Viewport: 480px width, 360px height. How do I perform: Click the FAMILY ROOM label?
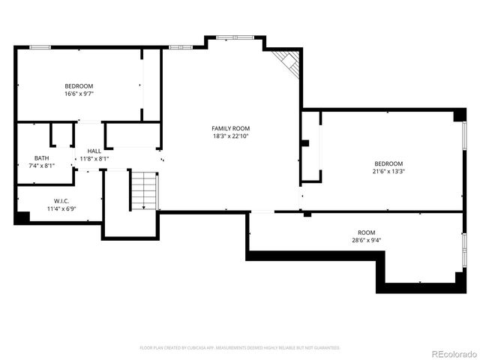coord(230,128)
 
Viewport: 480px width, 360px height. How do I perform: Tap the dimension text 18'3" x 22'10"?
coord(230,136)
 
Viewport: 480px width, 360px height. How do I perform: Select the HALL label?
coord(94,151)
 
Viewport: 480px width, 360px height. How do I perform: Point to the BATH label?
coord(41,157)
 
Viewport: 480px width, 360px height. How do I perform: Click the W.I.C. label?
coord(61,201)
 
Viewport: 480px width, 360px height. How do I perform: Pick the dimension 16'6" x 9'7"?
coord(79,94)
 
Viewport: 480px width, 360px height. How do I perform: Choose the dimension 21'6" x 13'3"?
coord(389,171)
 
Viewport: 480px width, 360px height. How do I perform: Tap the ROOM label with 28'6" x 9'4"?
coord(367,232)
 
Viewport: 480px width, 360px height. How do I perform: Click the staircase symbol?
coord(145,191)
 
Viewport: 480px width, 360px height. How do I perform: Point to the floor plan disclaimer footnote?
coord(240,348)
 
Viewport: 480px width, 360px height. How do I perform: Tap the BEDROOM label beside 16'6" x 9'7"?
coord(79,85)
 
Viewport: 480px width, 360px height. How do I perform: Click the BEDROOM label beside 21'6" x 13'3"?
coord(389,163)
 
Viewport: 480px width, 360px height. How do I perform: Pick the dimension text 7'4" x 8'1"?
coord(41,166)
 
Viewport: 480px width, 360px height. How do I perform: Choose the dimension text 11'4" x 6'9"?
coord(61,209)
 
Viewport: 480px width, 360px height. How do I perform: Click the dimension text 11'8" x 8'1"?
coord(94,159)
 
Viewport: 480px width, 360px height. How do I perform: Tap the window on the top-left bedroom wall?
coord(40,47)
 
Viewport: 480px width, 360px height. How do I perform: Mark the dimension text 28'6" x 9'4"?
coord(367,241)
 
